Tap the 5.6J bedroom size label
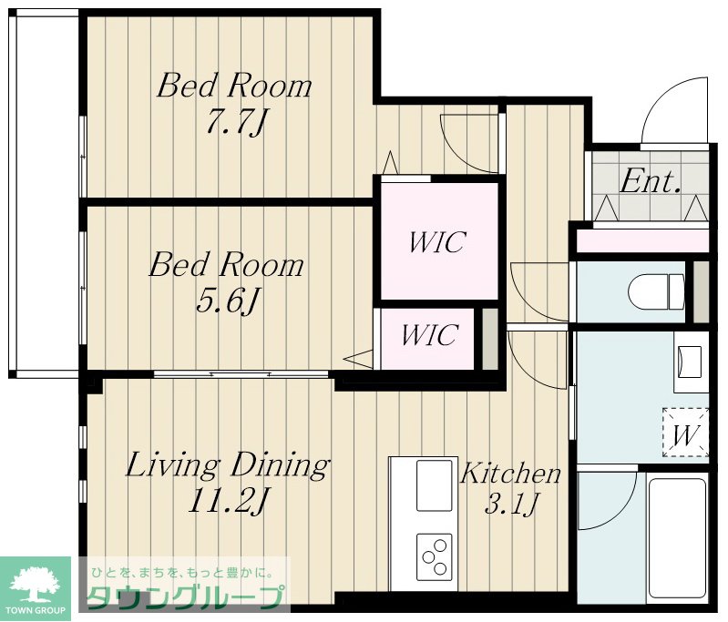coord(227,301)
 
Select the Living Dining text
coord(228,466)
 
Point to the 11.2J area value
coord(229,501)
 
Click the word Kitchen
coord(511,474)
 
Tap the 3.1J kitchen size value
coord(513,504)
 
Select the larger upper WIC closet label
coord(436,242)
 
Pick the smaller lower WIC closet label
coord(429,335)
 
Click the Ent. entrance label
coord(650,181)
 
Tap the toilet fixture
coord(656,291)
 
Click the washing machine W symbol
coord(685,433)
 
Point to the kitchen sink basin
coord(434,485)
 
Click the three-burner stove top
coord(434,556)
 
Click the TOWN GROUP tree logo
coord(36,588)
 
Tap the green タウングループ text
coord(185,597)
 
